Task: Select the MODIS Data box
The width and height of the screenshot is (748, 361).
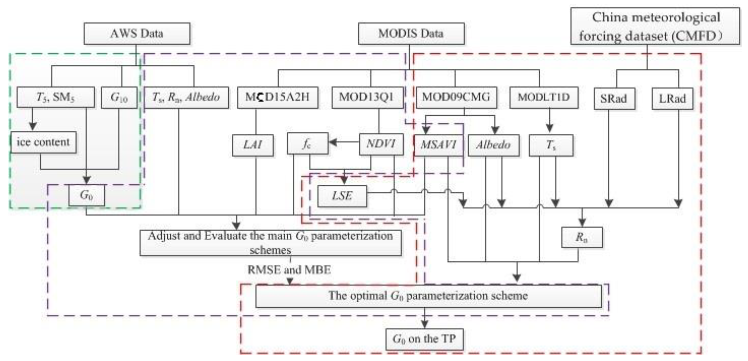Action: [x=411, y=34]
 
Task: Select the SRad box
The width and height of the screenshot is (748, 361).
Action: [x=614, y=99]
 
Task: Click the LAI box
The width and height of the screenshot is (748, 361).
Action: [x=253, y=145]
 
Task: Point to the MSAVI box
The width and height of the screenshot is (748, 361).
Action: [x=438, y=145]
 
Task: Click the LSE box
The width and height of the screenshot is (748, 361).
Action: [x=342, y=196]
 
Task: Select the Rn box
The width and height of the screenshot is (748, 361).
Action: [x=582, y=237]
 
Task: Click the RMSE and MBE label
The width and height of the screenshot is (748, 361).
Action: [x=289, y=270]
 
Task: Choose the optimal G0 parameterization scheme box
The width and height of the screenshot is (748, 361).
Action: [x=428, y=296]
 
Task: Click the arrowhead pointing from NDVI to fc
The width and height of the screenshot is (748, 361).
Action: [x=333, y=142]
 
